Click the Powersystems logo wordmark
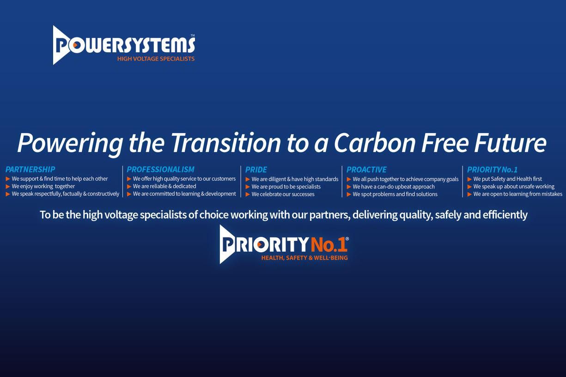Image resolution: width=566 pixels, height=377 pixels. tap(124, 45)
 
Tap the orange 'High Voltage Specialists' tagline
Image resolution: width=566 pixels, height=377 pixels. tap(156, 59)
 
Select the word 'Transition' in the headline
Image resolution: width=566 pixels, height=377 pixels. tap(226, 143)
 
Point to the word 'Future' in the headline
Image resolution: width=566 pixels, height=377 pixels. tap(510, 143)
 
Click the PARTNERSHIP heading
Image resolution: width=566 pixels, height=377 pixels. tap(30, 169)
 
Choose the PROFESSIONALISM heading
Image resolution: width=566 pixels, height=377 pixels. tap(160, 169)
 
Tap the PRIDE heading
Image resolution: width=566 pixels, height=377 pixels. tap(256, 170)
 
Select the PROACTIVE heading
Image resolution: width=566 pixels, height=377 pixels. tap(366, 170)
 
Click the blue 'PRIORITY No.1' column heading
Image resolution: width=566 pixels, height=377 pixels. tap(492, 169)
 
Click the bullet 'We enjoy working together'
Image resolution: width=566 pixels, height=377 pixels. tap(43, 186)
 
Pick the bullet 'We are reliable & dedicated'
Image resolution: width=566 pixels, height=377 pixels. tap(164, 186)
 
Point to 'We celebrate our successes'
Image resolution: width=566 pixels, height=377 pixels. tap(283, 195)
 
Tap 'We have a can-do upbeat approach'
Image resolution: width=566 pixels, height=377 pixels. tap(394, 187)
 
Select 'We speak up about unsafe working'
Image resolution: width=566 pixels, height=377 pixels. tap(514, 187)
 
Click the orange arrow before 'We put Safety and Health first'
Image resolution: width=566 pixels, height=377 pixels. tap(469, 179)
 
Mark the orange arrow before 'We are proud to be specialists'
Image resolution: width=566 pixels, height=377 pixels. tap(248, 187)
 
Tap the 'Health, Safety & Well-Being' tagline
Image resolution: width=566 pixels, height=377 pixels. tap(304, 258)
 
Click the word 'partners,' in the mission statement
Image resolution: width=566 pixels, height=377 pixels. tap(330, 215)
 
